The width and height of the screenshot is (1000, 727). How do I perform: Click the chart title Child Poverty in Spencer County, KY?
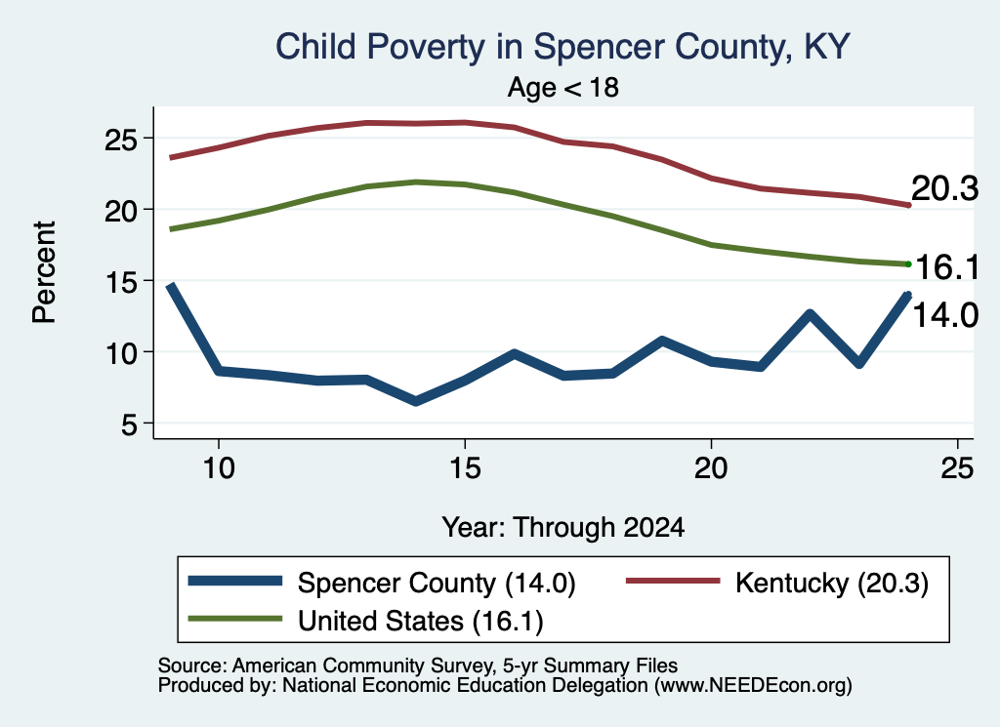pyautogui.click(x=562, y=47)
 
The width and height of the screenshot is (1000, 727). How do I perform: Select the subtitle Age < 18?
pyautogui.click(x=563, y=87)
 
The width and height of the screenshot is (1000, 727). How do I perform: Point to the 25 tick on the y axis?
pyautogui.click(x=120, y=139)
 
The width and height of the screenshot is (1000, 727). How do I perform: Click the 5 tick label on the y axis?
pyautogui.click(x=129, y=424)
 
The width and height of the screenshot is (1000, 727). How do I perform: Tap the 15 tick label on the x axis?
pyautogui.click(x=465, y=469)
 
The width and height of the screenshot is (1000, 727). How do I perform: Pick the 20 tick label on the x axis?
pyautogui.click(x=711, y=469)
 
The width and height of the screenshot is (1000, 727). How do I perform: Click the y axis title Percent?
pyautogui.click(x=44, y=272)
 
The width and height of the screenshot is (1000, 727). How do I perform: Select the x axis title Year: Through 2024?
pyautogui.click(x=563, y=528)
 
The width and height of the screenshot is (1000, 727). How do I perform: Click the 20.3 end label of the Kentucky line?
pyautogui.click(x=944, y=188)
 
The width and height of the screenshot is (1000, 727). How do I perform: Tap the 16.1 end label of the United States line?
pyautogui.click(x=947, y=266)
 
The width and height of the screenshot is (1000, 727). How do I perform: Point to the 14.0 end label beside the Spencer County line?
pyautogui.click(x=945, y=315)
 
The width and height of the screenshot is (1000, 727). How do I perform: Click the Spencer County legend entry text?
pyautogui.click(x=437, y=583)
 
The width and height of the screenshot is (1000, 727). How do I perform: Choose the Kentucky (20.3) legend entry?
pyautogui.click(x=832, y=583)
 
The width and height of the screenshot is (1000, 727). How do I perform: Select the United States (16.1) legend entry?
pyautogui.click(x=420, y=622)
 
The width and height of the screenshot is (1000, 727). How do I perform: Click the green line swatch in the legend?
pyautogui.click(x=234, y=619)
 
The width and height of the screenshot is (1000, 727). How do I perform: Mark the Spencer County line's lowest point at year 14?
pyautogui.click(x=416, y=401)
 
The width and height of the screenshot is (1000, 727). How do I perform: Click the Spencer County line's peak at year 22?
pyautogui.click(x=810, y=314)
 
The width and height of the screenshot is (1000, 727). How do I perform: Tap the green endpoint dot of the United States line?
pyautogui.click(x=908, y=263)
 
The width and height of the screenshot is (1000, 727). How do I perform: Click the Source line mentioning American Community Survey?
pyautogui.click(x=418, y=666)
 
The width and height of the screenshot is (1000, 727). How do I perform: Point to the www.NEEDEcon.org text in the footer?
pyautogui.click(x=753, y=685)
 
